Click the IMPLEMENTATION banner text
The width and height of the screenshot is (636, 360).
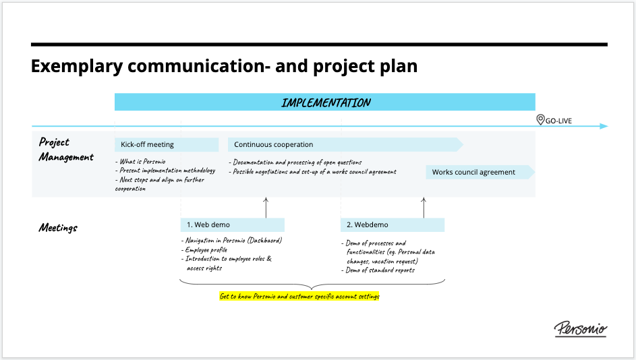point(326,102)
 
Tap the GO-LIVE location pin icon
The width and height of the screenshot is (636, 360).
point(540,119)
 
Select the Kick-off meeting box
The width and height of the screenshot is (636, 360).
point(167,144)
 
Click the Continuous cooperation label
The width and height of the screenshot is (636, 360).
point(273,144)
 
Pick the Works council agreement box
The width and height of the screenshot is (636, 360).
point(480,172)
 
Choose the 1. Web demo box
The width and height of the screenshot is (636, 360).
point(233,224)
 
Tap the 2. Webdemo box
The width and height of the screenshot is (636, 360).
point(393,224)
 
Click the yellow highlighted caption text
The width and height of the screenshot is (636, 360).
point(299,297)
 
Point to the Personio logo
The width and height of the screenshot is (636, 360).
point(581,328)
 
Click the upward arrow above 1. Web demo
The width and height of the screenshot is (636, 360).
point(266,208)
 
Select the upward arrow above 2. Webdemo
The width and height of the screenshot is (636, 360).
point(424,208)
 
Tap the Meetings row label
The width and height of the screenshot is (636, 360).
point(58,228)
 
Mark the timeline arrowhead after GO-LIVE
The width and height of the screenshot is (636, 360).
point(604,126)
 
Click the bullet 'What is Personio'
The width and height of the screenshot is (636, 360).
point(140,161)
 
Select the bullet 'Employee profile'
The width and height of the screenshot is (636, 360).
point(204,249)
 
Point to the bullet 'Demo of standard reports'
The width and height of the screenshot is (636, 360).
point(378,270)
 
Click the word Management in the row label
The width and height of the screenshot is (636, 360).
point(66,157)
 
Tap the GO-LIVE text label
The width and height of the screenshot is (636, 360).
point(558,121)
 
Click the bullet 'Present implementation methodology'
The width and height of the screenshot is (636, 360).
point(165,171)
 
